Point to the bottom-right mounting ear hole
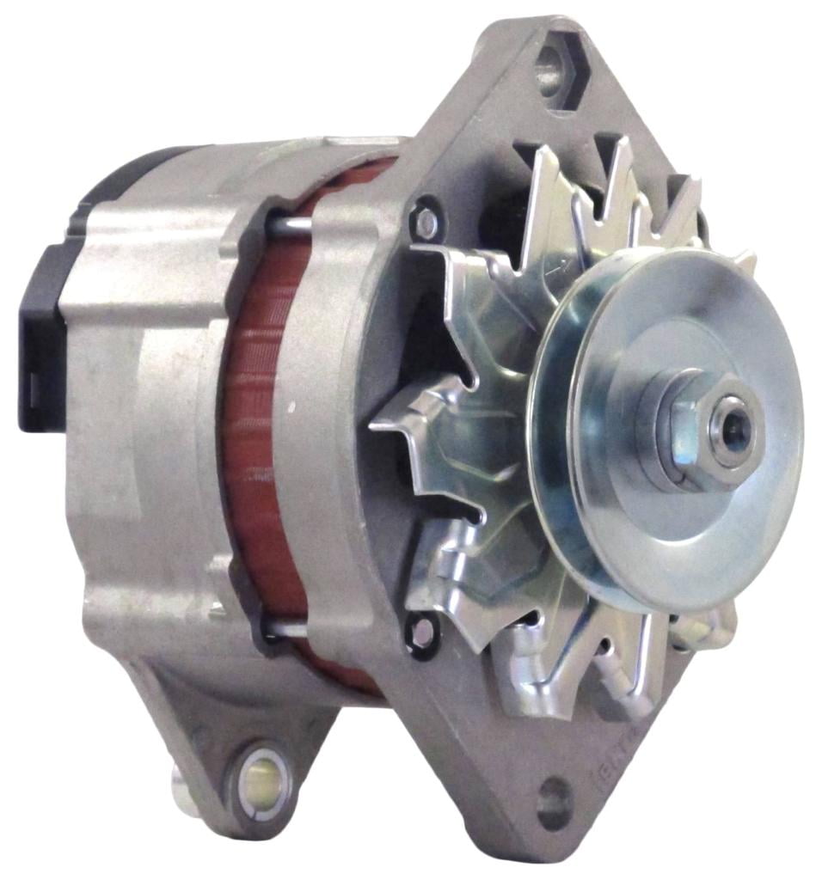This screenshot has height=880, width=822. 554,803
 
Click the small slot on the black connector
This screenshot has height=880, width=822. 28,378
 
